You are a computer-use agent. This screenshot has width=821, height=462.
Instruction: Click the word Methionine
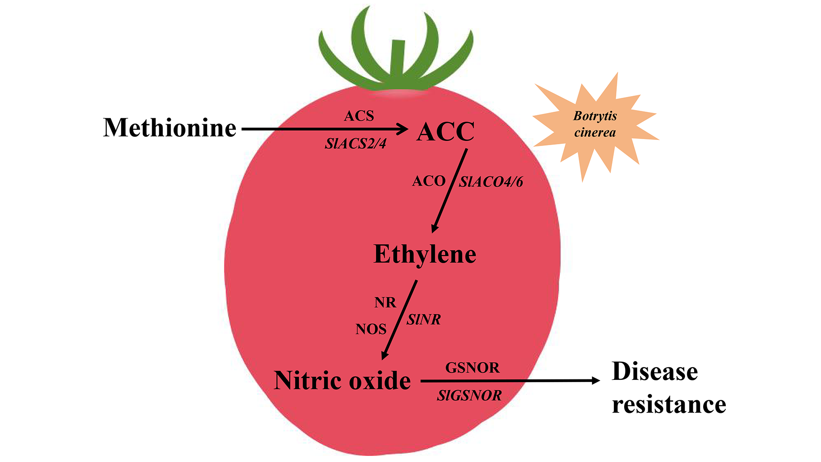(x=169, y=128)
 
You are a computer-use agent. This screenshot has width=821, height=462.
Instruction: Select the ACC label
(x=445, y=132)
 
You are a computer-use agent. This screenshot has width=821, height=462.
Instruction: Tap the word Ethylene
(x=425, y=254)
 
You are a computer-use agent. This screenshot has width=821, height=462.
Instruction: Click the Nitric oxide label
(x=342, y=381)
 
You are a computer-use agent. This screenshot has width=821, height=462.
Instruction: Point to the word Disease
(x=655, y=372)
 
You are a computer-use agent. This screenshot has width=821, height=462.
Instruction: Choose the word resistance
(x=669, y=405)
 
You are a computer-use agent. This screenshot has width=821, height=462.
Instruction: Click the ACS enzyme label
(x=359, y=116)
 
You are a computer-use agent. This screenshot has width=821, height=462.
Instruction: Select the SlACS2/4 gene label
(x=355, y=144)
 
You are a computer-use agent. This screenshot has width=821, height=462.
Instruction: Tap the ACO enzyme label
(x=429, y=181)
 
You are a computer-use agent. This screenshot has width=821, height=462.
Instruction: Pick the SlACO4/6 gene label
(x=491, y=182)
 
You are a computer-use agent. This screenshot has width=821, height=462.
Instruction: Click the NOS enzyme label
(x=371, y=329)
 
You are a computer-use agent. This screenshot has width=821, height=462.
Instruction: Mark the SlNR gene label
(x=424, y=320)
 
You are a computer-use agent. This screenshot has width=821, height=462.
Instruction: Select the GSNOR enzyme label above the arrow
(x=473, y=368)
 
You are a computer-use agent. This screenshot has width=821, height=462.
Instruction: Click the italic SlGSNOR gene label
(x=469, y=396)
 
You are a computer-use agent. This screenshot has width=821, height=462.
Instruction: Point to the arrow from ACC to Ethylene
(x=450, y=191)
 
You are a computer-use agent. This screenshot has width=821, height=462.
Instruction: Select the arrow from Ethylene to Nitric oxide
(x=399, y=320)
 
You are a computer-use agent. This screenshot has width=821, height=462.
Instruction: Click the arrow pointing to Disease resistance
(x=508, y=381)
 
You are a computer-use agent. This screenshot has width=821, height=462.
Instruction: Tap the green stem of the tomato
(x=397, y=61)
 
